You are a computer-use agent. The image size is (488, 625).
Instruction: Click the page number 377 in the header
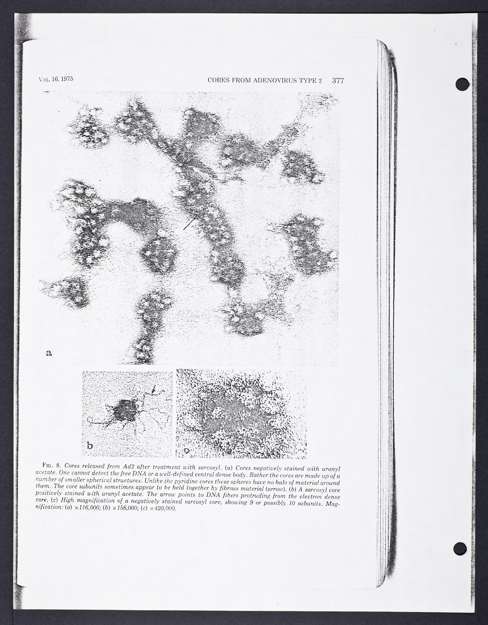point(338,81)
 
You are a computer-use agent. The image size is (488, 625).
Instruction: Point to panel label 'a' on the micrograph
point(49,353)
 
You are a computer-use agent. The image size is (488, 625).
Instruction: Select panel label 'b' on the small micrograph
point(90,446)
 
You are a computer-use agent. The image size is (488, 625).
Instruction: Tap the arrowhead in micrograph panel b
point(154,389)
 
